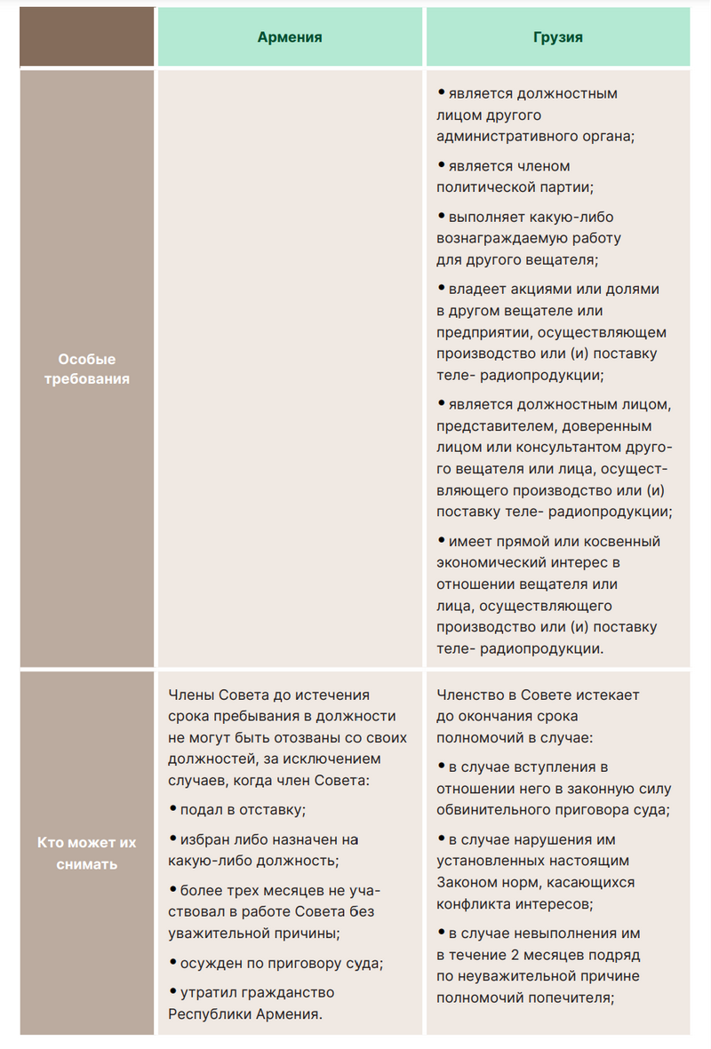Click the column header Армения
coord(290,37)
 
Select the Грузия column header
coord(558,37)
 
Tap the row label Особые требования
coord(87,369)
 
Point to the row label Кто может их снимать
coord(87,853)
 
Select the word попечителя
coord(579,997)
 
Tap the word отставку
coord(270,810)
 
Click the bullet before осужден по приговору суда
coord(172,962)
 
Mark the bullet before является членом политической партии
coord(442,164)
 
